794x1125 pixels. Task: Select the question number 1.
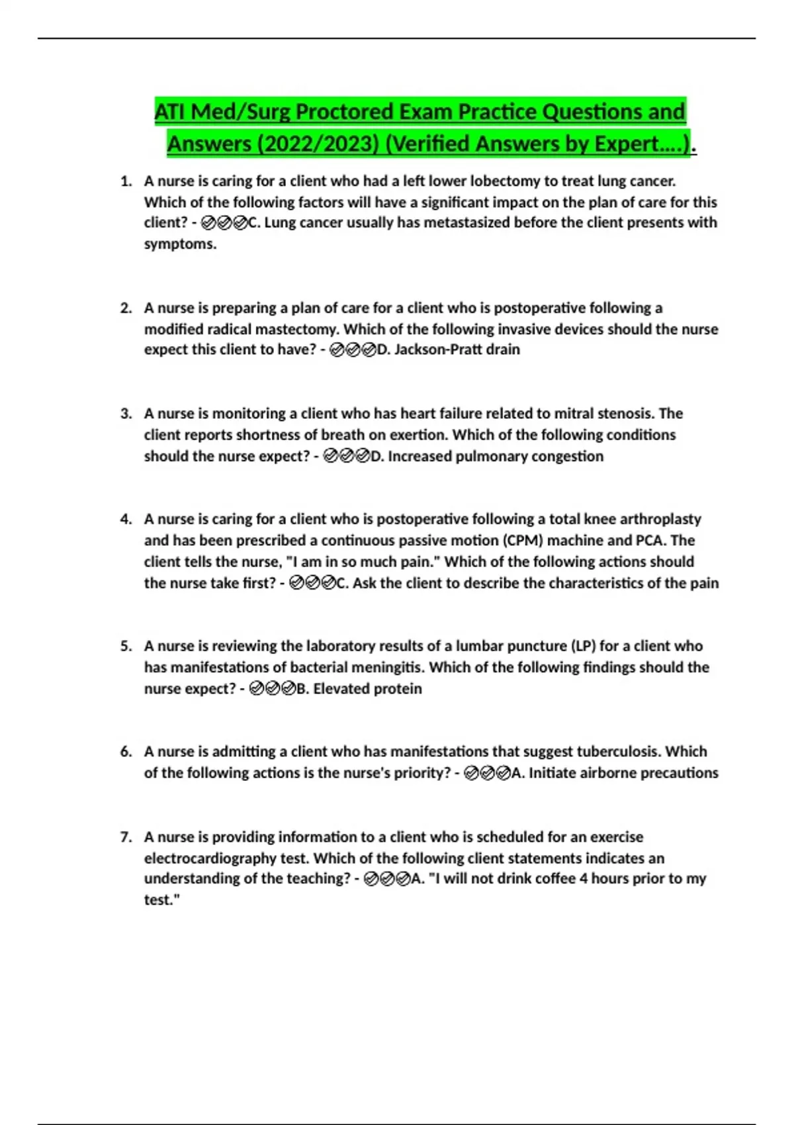(x=126, y=181)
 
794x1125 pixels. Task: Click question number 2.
(x=126, y=308)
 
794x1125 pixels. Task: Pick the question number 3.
(x=126, y=414)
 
